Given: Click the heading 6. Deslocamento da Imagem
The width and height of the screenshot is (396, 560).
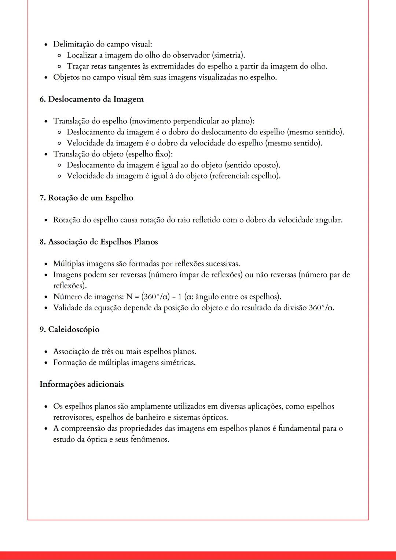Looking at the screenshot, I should coord(92,99).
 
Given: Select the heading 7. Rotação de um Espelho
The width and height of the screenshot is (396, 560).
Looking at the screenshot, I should coord(87,198).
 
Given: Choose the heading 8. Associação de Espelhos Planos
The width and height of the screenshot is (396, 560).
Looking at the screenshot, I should coord(99,242).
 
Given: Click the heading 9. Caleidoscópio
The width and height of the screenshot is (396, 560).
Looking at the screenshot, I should coord(70,329).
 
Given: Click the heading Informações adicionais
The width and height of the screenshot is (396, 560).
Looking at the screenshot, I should coord(82,384).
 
